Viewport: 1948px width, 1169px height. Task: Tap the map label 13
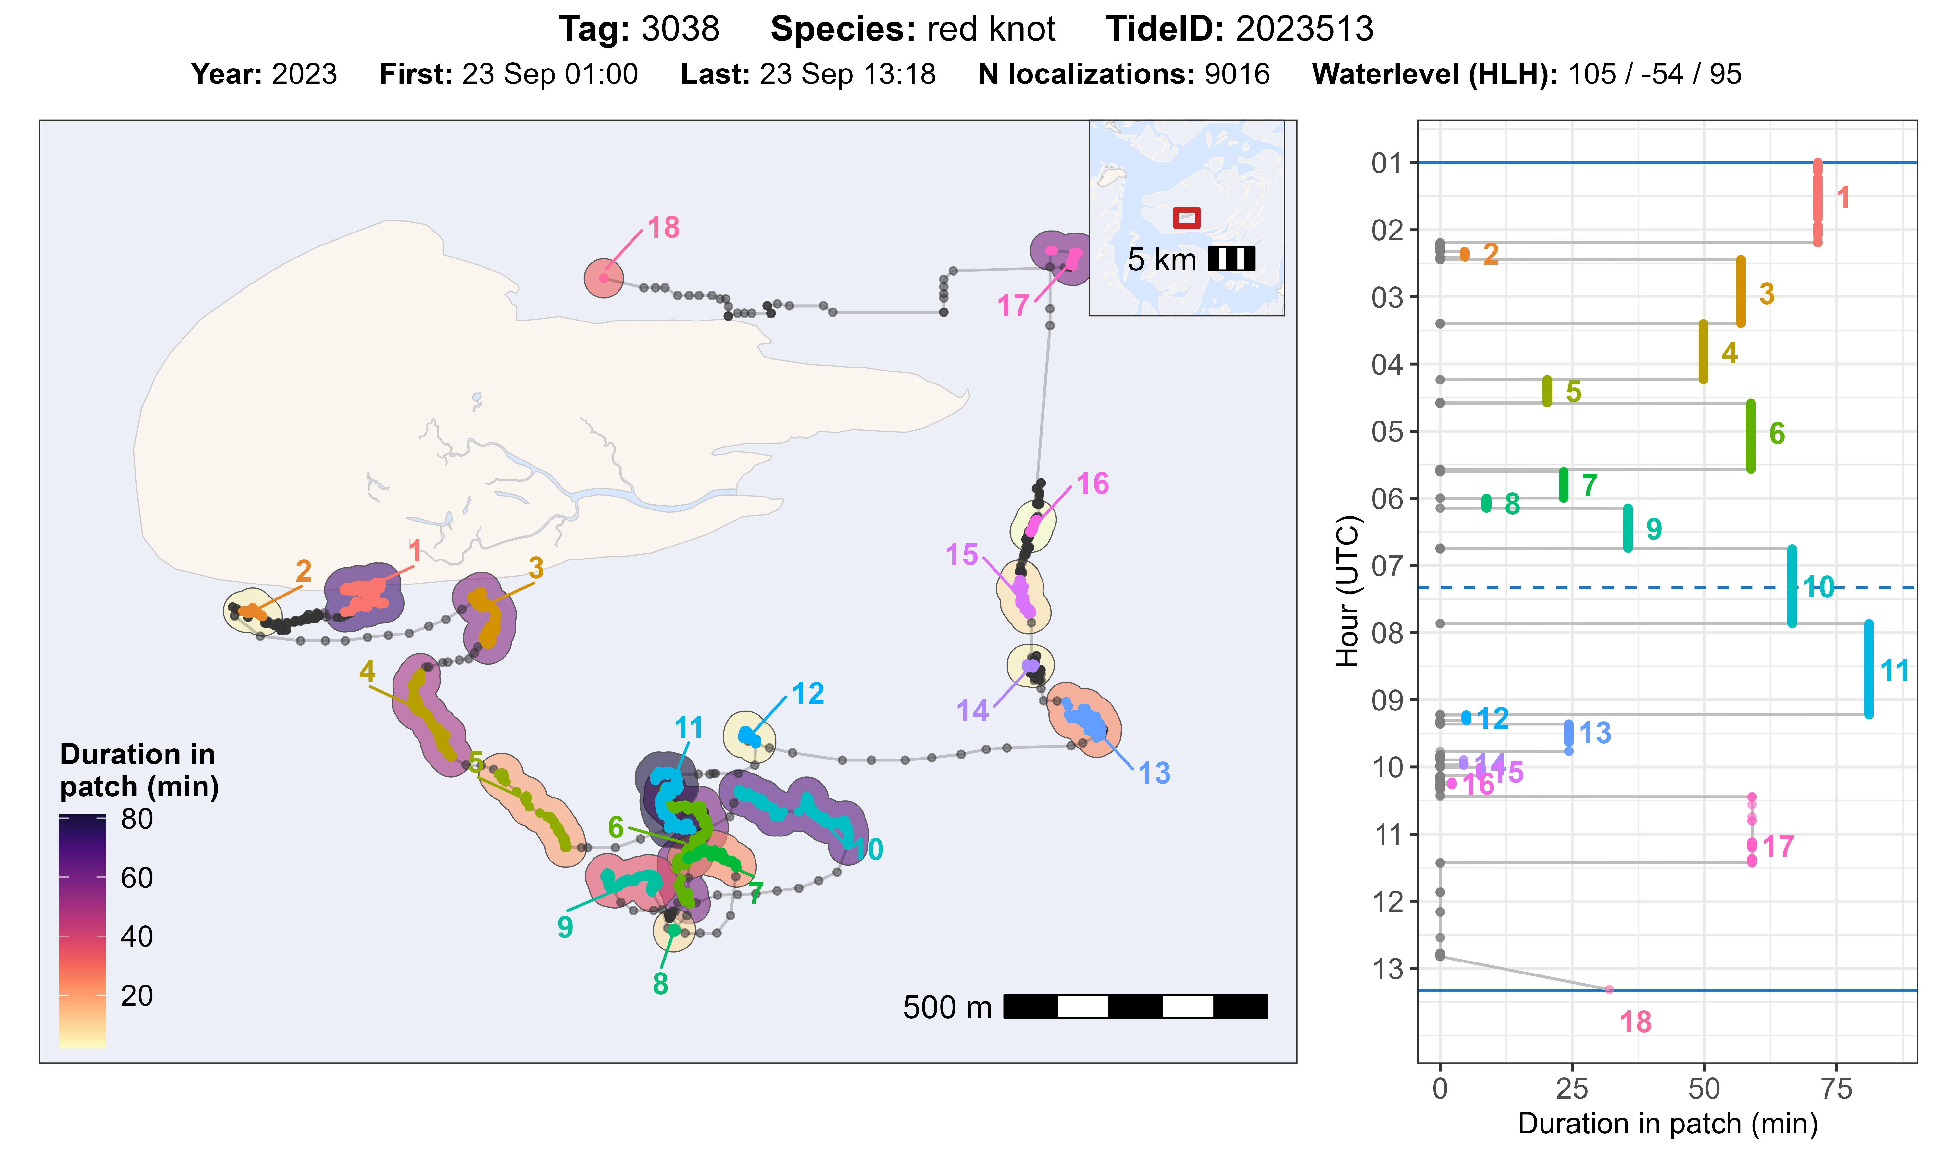pos(1154,773)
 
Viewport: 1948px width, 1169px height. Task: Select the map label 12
pos(808,694)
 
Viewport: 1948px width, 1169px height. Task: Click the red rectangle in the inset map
pos(1186,218)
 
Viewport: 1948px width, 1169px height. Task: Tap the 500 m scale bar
pos(1135,1007)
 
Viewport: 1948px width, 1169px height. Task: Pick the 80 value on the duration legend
pos(137,819)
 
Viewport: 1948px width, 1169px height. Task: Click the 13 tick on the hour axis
pos(1388,969)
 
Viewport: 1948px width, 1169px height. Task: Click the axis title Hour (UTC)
pos(1348,591)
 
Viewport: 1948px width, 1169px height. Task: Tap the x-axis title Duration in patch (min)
pos(1667,1123)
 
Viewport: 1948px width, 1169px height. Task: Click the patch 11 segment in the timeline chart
pos(1868,670)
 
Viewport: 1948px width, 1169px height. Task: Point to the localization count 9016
pos(1236,74)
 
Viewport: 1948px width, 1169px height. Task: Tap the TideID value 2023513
pos(1304,29)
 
